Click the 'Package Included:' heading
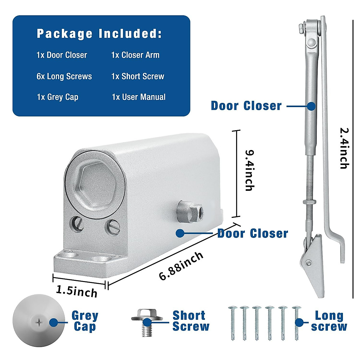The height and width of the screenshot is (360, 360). point(99,34)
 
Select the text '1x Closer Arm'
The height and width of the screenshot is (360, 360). point(135,55)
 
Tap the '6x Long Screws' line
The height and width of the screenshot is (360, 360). point(64,76)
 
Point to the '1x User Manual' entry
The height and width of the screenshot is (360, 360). point(139,97)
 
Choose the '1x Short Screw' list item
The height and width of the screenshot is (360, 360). point(138,76)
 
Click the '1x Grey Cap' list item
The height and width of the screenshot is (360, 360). point(58,97)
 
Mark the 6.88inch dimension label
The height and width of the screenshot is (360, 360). point(181,266)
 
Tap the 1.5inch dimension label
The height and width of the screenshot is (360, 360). point(77,291)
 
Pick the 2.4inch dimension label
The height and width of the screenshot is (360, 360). point(344,148)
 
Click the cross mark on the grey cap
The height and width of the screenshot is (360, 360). point(39,323)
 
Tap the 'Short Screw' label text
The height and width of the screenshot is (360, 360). point(190,321)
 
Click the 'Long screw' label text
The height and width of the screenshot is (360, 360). point(329,321)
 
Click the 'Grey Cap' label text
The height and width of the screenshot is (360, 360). point(85,321)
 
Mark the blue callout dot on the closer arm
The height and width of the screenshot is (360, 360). point(312,106)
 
